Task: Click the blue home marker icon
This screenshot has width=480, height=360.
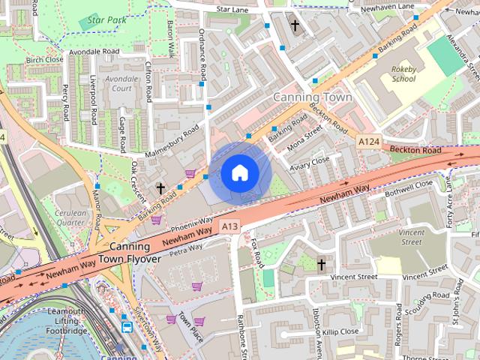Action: [x=239, y=172]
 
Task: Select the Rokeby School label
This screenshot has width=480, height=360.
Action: [x=403, y=73]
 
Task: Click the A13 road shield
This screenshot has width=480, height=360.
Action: [x=229, y=225]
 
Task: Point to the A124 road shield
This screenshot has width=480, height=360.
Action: [x=367, y=141]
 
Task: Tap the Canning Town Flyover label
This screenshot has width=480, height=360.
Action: [x=135, y=253]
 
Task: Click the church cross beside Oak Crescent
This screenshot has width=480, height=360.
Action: [x=159, y=187]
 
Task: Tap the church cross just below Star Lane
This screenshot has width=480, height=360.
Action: [x=295, y=26]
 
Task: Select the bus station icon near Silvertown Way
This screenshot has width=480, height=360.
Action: [x=127, y=327]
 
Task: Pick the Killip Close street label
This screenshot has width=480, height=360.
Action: [x=341, y=331]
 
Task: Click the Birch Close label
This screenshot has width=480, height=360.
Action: [x=44, y=59]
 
